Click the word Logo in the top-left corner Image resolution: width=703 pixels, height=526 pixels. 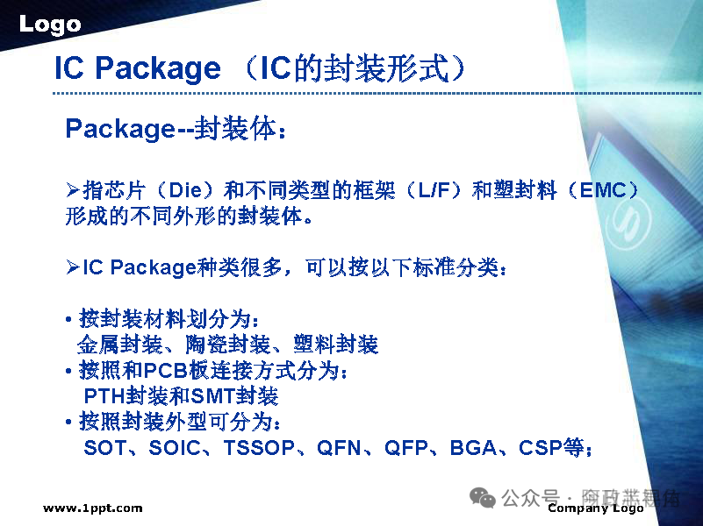point(50,25)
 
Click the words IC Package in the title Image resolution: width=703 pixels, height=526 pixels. point(138,68)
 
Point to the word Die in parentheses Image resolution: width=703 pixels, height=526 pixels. point(185,191)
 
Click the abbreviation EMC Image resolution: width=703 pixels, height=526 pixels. point(604,191)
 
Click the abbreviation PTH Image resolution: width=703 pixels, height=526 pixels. point(104,396)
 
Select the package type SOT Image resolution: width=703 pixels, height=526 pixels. point(104,448)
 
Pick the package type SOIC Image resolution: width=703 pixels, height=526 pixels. point(176,448)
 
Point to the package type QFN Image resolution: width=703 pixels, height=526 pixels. point(339,448)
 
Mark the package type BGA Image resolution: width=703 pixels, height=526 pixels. point(472,448)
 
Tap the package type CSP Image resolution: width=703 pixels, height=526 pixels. point(540,448)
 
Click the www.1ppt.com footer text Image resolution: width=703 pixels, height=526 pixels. point(92,508)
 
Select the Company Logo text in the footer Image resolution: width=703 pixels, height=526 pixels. point(596,508)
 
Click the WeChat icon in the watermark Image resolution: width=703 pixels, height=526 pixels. point(483,497)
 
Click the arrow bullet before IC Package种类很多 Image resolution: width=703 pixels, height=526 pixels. point(73,267)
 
